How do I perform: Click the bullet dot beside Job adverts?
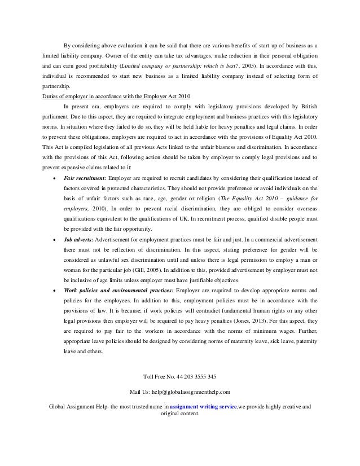53,240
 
